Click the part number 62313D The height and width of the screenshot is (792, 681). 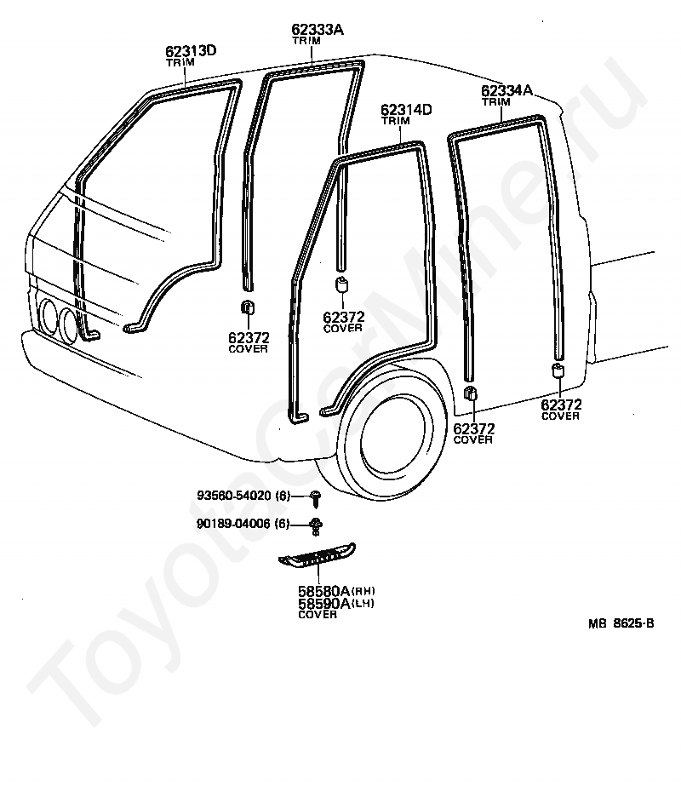click(x=191, y=51)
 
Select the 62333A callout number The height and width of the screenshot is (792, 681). click(x=318, y=30)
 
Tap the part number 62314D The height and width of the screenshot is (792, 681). click(x=406, y=110)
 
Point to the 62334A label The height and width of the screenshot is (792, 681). click(x=506, y=90)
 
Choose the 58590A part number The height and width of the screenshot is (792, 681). click(x=323, y=603)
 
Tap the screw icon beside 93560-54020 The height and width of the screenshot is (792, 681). click(x=316, y=496)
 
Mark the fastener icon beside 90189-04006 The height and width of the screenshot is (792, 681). click(x=316, y=525)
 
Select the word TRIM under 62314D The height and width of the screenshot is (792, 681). click(x=396, y=121)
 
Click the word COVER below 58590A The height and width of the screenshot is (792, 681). click(x=318, y=614)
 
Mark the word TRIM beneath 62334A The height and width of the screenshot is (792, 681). click(x=496, y=101)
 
